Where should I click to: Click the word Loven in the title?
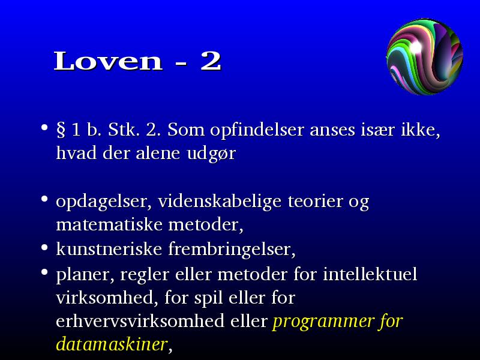tap(108, 61)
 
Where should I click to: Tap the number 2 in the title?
tap(211, 61)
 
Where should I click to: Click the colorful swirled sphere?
tap(425, 57)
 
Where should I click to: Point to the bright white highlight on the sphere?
tap(416, 47)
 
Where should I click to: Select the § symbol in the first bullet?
tap(61, 130)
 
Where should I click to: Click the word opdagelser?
tap(104, 202)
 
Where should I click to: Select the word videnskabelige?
tap(220, 202)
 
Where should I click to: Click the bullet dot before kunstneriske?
tap(44, 247)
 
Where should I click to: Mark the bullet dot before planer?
tap(44, 272)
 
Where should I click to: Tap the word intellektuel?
tap(370, 274)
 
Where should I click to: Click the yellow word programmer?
tap(322, 322)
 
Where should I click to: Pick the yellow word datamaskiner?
tap(112, 344)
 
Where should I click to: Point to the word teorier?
tap(314, 202)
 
